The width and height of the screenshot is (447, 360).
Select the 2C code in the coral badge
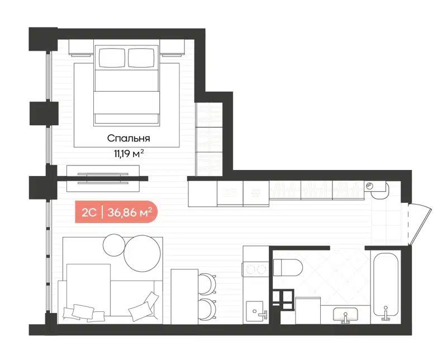(x=89, y=212)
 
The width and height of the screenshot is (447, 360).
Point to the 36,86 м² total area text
(x=129, y=212)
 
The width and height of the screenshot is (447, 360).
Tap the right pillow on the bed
(x=144, y=57)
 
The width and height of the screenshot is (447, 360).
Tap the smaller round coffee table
(x=116, y=244)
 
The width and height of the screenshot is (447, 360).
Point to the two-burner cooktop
(x=256, y=269)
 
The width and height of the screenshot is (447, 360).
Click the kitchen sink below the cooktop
(x=257, y=312)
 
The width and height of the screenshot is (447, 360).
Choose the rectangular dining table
(x=184, y=296)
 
